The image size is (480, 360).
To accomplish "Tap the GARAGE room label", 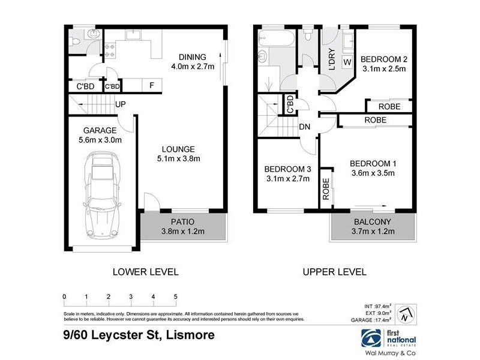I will tap(99, 130).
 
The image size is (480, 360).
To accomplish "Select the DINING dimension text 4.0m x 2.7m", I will tap(192, 67).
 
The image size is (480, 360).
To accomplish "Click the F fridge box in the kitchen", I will tap(152, 85).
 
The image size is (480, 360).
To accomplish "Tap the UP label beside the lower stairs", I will tap(121, 104).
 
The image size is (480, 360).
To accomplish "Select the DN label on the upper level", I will tap(304, 127).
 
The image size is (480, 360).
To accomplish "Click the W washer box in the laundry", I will tap(347, 61).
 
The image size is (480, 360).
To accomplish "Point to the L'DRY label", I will tap(331, 61).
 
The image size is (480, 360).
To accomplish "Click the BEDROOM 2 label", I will tap(384, 59).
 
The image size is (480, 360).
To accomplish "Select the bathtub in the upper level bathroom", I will tap(275, 40).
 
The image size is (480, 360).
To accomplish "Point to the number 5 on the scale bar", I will tap(176, 297).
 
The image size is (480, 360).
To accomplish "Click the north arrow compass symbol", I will tap(406, 313).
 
